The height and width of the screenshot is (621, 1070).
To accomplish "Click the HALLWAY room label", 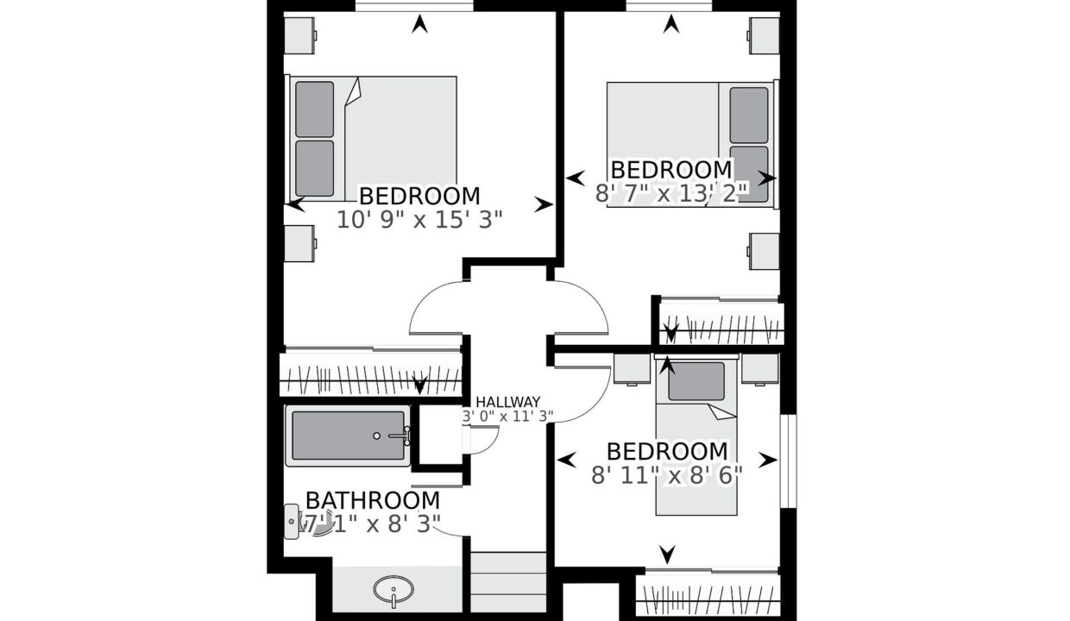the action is pyautogui.click(x=507, y=401).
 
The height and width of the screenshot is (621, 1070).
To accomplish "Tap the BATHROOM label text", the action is pyautogui.click(x=373, y=501).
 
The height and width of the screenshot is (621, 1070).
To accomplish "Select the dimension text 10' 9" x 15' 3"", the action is pyautogui.click(x=420, y=221).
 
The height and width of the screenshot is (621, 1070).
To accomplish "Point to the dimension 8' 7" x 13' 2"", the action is pyautogui.click(x=671, y=194).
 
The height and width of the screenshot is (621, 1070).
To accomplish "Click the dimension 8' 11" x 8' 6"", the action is pyautogui.click(x=667, y=475).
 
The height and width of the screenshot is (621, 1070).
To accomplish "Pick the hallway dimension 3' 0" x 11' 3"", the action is pyautogui.click(x=507, y=417).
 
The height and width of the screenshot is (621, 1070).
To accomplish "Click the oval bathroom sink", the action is pyautogui.click(x=393, y=588).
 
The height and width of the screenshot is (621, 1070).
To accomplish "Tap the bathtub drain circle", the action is pyautogui.click(x=376, y=436).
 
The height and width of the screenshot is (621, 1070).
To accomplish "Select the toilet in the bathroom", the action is pyautogui.click(x=293, y=522).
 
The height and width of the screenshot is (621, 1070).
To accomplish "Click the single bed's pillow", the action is pyautogui.click(x=696, y=381).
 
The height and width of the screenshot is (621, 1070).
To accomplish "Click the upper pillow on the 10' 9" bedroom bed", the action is pyautogui.click(x=314, y=110).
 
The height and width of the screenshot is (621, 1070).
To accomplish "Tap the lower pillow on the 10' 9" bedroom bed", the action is pyautogui.click(x=314, y=168).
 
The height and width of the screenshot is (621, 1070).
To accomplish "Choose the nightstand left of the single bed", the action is pyautogui.click(x=632, y=369).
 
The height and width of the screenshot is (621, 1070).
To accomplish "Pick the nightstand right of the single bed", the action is pyautogui.click(x=759, y=369).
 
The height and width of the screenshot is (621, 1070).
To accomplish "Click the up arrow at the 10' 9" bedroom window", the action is pyautogui.click(x=420, y=24).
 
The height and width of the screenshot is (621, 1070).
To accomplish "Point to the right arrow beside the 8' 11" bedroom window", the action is pyautogui.click(x=768, y=460).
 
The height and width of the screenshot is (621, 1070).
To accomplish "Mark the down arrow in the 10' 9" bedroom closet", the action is pyautogui.click(x=420, y=385).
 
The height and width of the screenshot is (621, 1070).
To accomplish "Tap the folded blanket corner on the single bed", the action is pyautogui.click(x=722, y=412).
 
